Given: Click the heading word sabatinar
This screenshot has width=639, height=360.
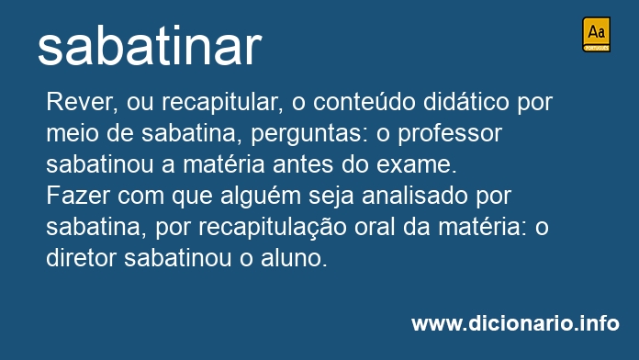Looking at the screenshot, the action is pyautogui.click(x=150, y=47).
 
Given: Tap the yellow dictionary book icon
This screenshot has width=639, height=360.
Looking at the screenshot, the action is pyautogui.click(x=596, y=34).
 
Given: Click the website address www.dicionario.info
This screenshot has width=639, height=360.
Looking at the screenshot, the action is pyautogui.click(x=515, y=323).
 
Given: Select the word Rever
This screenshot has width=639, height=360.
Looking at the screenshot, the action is pyautogui.click(x=82, y=102).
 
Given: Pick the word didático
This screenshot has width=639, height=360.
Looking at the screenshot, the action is pyautogui.click(x=466, y=102).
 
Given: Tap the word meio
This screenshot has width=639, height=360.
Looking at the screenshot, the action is pyautogui.click(x=73, y=133).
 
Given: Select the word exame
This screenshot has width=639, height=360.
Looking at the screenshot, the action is pyautogui.click(x=417, y=165).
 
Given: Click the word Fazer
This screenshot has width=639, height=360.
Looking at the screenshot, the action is pyautogui.click(x=78, y=197).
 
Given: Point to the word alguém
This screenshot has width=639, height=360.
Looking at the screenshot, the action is pyautogui.click(x=260, y=197).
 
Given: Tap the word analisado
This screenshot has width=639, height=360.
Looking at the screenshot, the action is pyautogui.click(x=414, y=196).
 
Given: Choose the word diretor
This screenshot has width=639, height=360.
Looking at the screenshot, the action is pyautogui.click(x=81, y=258).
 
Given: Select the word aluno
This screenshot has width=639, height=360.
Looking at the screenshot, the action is pyautogui.click(x=294, y=258).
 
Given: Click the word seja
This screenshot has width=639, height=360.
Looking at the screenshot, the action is pyautogui.click(x=331, y=197).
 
